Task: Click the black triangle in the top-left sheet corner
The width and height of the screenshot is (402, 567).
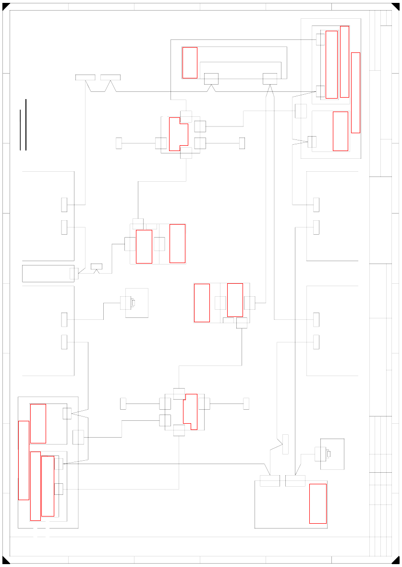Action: [5, 6]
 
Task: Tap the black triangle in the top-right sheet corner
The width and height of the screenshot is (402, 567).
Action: [396, 6]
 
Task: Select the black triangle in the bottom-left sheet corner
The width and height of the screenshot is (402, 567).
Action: [5, 561]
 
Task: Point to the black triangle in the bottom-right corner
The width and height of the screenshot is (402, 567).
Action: [396, 561]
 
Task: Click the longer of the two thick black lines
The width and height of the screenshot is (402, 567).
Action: [25, 125]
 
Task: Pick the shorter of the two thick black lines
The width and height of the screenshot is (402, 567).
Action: [20, 130]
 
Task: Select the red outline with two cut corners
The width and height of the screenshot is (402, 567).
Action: [178, 134]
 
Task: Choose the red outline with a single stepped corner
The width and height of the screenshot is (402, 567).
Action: [190, 412]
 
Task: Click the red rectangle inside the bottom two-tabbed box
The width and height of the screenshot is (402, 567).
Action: [318, 504]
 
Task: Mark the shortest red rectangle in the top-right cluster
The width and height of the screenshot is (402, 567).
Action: [340, 131]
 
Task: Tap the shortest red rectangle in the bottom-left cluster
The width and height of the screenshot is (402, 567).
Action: [38, 423]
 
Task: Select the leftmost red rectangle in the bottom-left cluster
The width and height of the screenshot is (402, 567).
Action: [24, 460]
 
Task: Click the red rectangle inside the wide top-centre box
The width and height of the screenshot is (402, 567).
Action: [190, 63]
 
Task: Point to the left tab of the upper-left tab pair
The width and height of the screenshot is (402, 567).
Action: [85, 77]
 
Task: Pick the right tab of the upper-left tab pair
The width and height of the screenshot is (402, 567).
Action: [110, 77]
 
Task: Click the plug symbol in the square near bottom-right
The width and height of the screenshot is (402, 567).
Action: [328, 454]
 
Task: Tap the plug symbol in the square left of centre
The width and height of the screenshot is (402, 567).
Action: [133, 302]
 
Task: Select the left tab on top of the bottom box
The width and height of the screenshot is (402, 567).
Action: [269, 481]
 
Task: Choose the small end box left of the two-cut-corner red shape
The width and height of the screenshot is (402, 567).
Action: [119, 143]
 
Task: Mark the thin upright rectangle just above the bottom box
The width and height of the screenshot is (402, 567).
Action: [285, 444]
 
